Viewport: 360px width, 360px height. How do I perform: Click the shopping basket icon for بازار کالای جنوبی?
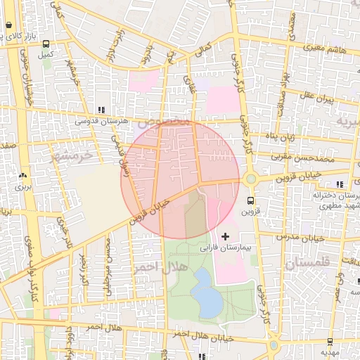coord(8,25)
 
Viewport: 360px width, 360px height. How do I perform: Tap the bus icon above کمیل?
coord(46,43)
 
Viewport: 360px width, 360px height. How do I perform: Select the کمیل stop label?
coord(46,53)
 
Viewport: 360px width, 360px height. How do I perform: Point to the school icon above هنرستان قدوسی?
coord(103,110)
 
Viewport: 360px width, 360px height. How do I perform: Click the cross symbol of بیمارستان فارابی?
coord(225,235)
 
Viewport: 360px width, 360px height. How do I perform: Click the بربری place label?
coord(24,187)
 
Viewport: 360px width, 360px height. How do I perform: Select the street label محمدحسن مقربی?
coord(321,160)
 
